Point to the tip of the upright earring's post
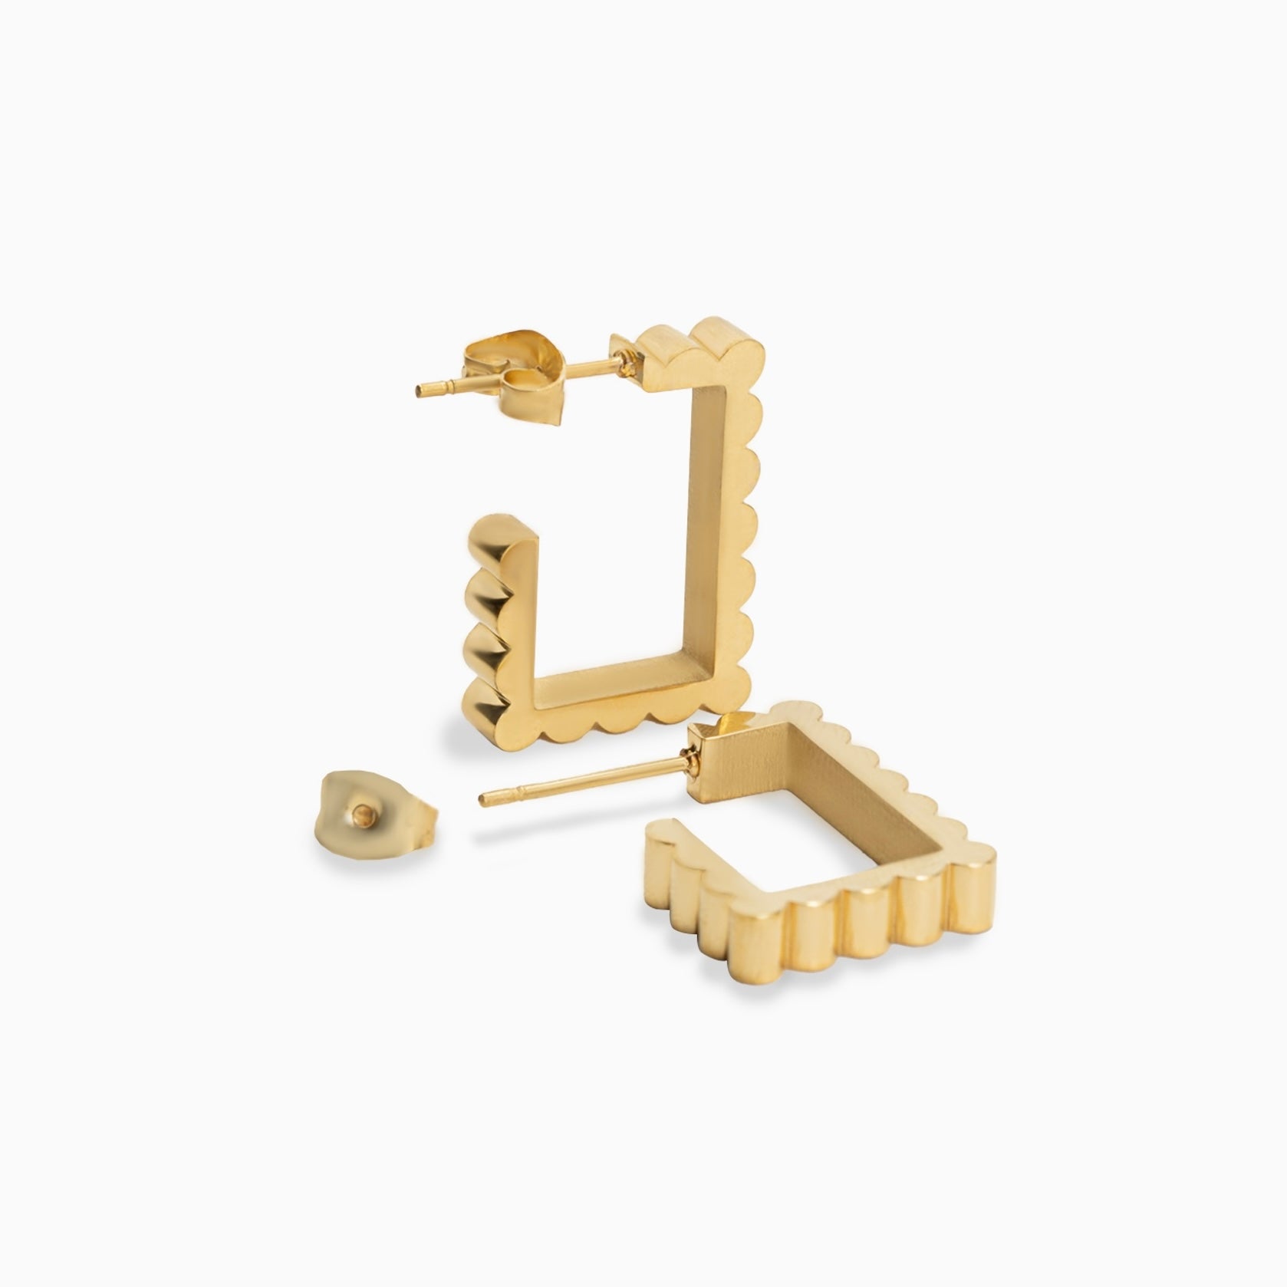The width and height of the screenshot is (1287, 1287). pos(419,393)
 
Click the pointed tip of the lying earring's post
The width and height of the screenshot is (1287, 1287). pos(482,801)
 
